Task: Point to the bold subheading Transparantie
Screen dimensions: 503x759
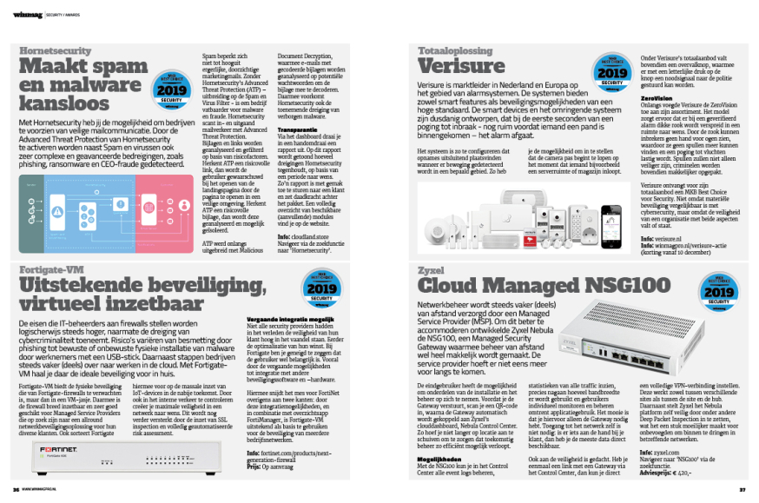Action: (x=275, y=130)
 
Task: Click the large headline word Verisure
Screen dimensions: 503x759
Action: (x=460, y=66)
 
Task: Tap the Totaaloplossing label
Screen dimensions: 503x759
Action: (x=450, y=51)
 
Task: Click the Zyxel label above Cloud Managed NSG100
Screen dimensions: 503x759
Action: (x=429, y=270)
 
